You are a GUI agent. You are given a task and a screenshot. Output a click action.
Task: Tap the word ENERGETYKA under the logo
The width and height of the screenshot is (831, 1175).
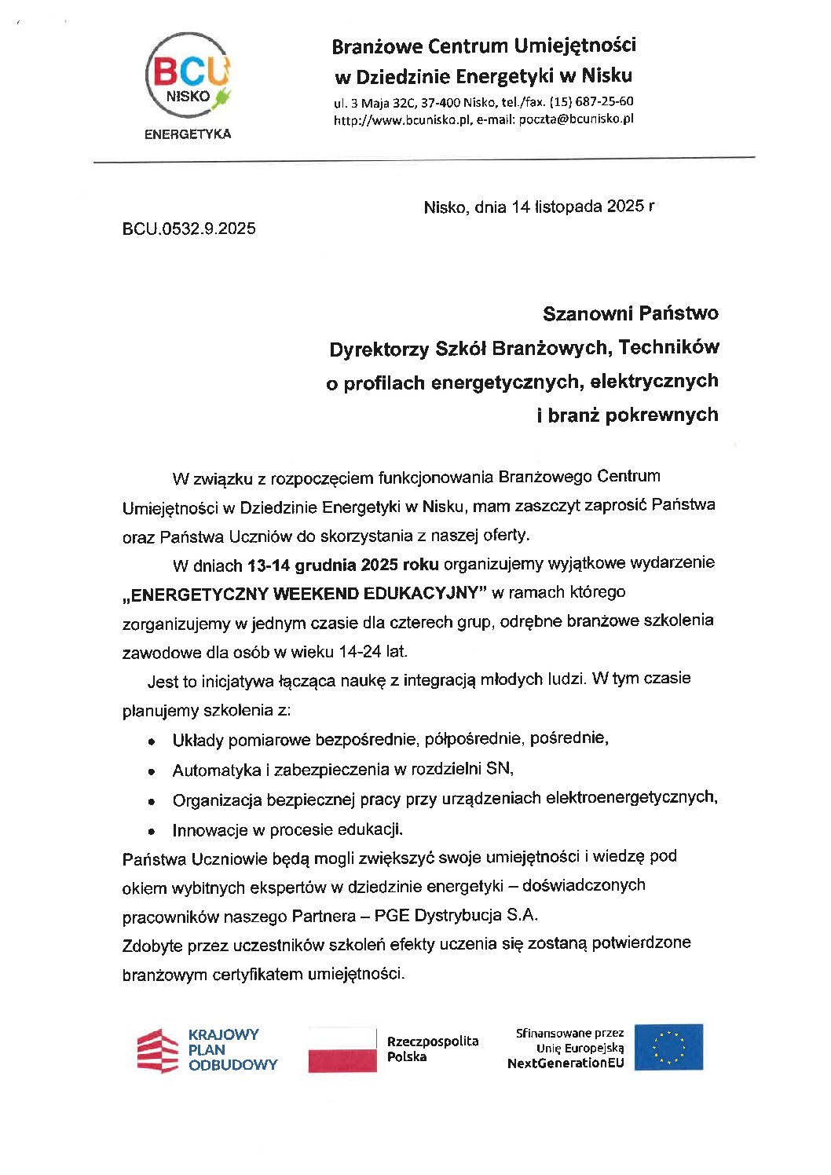point(188,134)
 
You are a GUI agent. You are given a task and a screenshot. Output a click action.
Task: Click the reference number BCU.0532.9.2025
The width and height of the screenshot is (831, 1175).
point(189,229)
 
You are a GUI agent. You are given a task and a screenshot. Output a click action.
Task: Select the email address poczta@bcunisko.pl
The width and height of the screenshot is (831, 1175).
point(576,119)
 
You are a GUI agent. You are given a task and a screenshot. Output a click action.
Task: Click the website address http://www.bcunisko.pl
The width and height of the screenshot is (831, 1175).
point(401,120)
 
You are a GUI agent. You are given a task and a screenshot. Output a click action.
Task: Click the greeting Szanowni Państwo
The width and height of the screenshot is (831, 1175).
point(630,313)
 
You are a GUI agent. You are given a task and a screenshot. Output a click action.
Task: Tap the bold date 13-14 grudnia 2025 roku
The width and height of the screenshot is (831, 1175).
point(342,565)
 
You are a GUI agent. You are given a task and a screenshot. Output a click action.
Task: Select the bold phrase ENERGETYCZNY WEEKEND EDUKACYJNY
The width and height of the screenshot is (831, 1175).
point(306,594)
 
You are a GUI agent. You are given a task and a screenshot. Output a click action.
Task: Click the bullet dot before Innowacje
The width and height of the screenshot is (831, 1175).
point(152,831)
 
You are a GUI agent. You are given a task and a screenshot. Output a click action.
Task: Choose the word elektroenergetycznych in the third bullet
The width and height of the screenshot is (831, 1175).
point(631,797)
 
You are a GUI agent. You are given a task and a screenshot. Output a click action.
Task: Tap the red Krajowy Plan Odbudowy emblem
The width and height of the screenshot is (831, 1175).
point(158,1050)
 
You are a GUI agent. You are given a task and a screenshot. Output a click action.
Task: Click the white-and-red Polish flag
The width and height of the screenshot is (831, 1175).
point(342,1049)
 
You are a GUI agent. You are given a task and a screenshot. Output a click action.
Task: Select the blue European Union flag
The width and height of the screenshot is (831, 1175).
point(668,1047)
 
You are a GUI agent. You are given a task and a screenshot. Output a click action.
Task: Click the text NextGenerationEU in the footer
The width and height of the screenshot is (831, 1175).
point(566,1063)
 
